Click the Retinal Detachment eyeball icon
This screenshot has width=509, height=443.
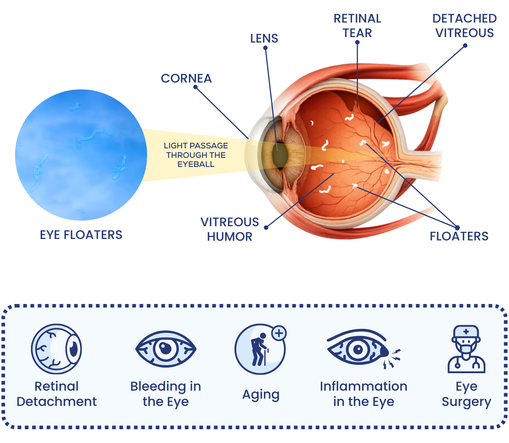(x=56, y=349)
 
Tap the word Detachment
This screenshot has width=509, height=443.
(x=57, y=402)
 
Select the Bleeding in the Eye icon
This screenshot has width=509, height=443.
(x=166, y=349)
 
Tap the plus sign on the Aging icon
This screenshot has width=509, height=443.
(x=279, y=333)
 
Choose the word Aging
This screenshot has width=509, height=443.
(x=261, y=395)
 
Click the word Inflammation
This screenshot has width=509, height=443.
(x=363, y=386)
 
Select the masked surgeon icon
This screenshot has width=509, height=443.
(x=466, y=349)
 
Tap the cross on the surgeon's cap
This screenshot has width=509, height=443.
(x=466, y=332)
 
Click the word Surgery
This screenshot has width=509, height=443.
(x=466, y=402)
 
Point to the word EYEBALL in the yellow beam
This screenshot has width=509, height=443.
(x=196, y=164)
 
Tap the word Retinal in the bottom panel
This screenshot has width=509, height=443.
(x=56, y=386)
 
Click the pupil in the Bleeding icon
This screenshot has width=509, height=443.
(x=165, y=348)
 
